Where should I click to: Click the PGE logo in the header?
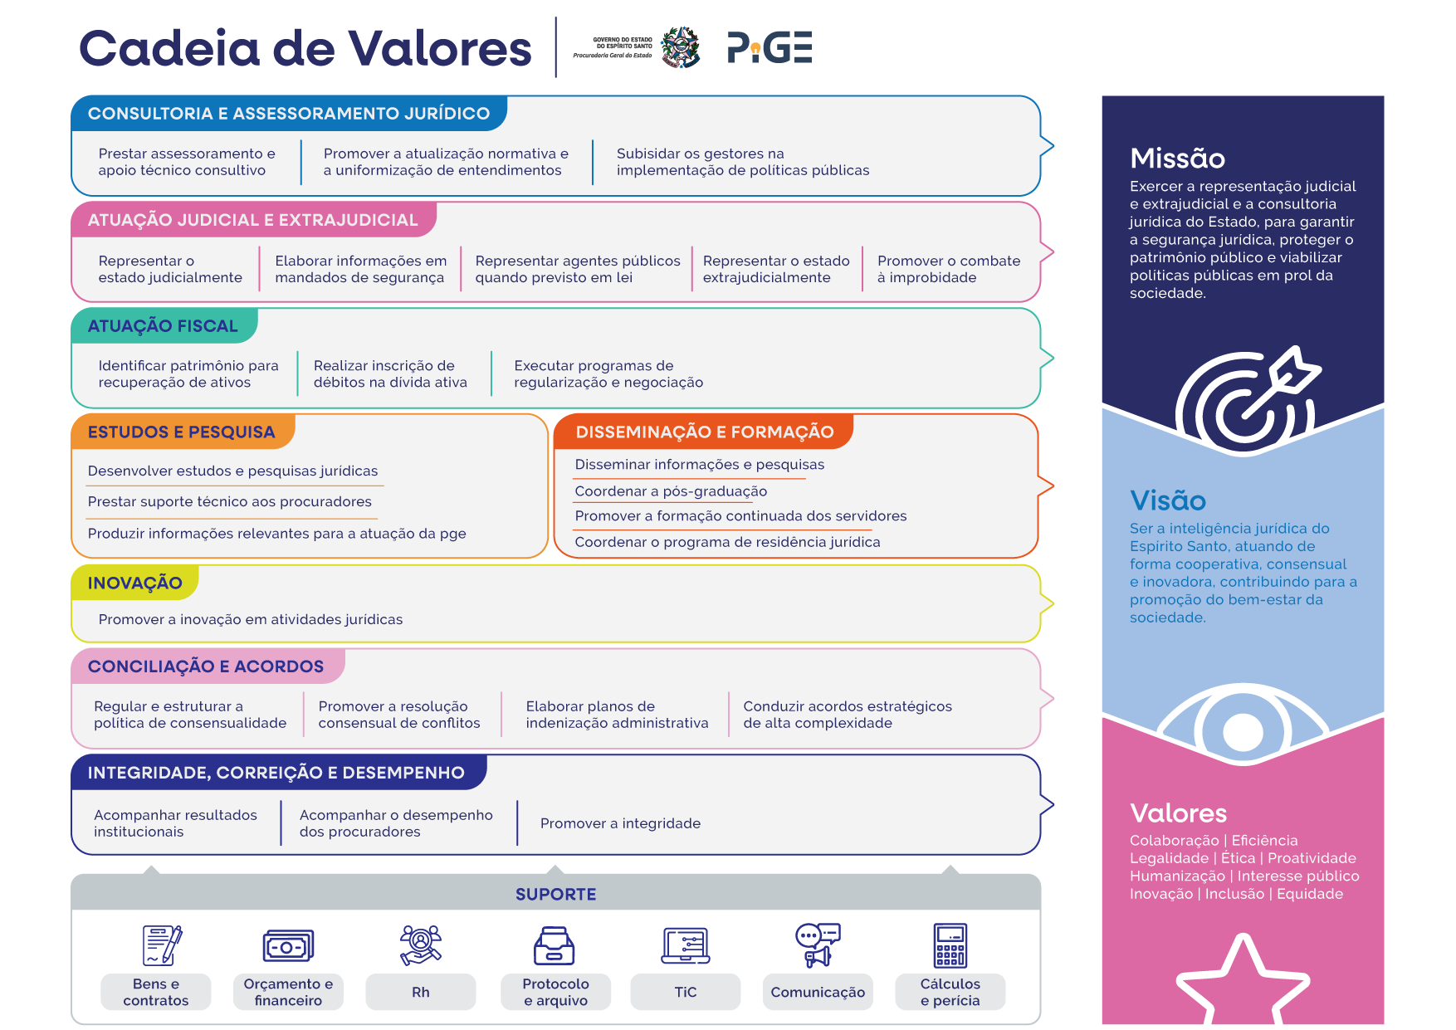point(770,47)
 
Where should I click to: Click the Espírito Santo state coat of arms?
point(680,46)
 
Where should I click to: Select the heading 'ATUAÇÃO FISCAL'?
point(163,326)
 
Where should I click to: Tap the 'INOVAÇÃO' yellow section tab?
point(134,583)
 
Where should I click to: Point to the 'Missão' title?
point(1177,158)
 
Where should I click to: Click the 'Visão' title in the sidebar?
point(1167,500)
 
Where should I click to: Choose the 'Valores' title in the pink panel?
point(1178,813)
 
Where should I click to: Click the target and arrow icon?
point(1247,400)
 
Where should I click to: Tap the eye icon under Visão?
point(1243,724)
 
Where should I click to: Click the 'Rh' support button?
point(421,992)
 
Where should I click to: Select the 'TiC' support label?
point(686,992)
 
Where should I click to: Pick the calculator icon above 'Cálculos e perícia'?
point(950,945)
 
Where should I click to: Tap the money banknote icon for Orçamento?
point(288,946)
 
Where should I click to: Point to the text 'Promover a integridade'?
point(620,823)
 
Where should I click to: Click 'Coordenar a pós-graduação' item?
point(671,491)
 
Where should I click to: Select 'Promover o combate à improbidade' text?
point(949,269)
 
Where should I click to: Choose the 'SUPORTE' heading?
point(556,894)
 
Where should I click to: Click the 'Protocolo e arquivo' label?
point(555,992)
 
